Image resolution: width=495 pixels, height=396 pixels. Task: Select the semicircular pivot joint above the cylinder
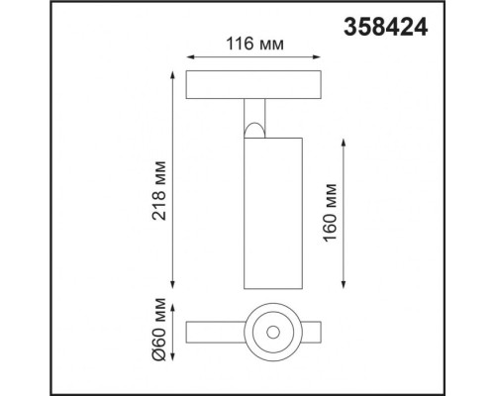(x=256, y=130)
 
